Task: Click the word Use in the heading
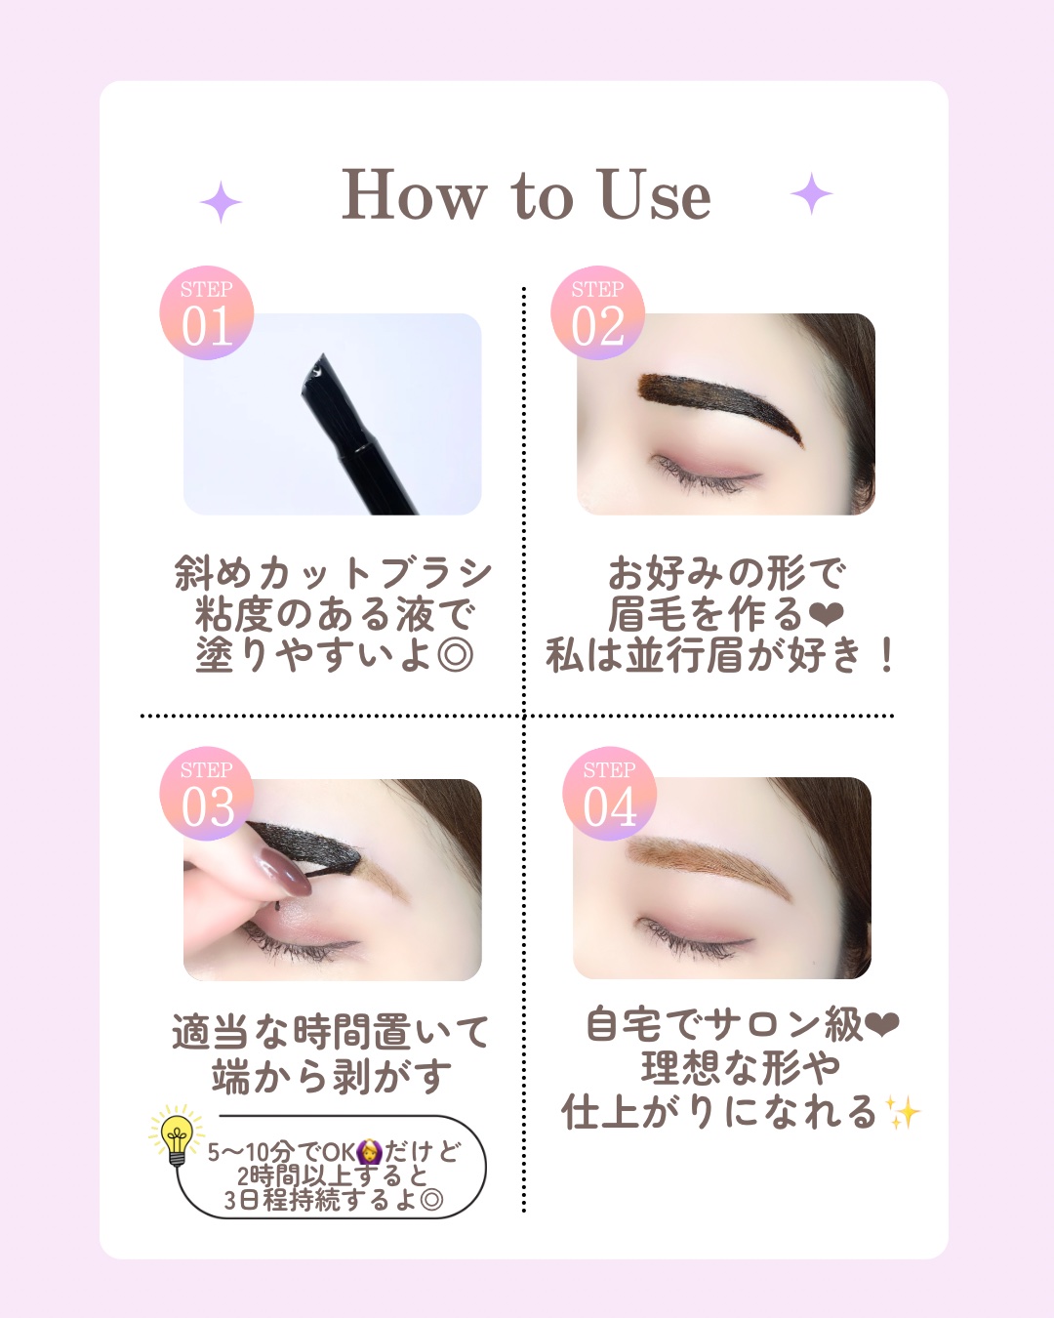pyautogui.click(x=655, y=194)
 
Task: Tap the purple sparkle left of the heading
pyautogui.click(x=221, y=201)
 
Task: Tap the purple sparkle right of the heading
pyautogui.click(x=811, y=193)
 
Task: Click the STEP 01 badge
pyautogui.click(x=206, y=312)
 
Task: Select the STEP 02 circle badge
pyautogui.click(x=597, y=312)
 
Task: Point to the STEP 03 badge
pyautogui.click(x=206, y=793)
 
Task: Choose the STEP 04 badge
pyautogui.click(x=609, y=793)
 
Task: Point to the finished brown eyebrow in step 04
pyautogui.click(x=709, y=865)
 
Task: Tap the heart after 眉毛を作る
pyautogui.click(x=827, y=614)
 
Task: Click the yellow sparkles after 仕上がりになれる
pyautogui.click(x=904, y=1112)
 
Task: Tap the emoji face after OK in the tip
pyautogui.click(x=369, y=1152)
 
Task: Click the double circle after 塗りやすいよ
pyautogui.click(x=456, y=655)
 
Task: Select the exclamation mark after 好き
pyautogui.click(x=885, y=655)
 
